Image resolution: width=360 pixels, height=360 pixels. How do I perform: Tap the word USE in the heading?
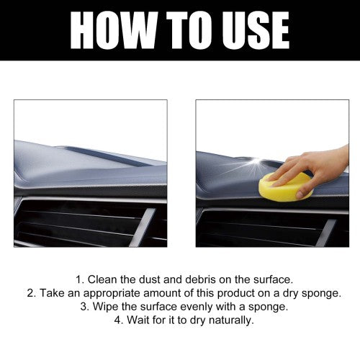[x=256, y=30]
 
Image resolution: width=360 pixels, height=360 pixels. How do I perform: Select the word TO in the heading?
[x=189, y=30]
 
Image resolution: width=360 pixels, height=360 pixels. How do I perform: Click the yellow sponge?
[x=286, y=187]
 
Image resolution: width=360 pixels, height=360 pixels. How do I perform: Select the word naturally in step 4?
[x=231, y=320]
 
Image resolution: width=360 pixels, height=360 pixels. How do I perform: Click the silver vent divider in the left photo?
[x=143, y=228]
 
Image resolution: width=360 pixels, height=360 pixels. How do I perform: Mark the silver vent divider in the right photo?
[x=325, y=233]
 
